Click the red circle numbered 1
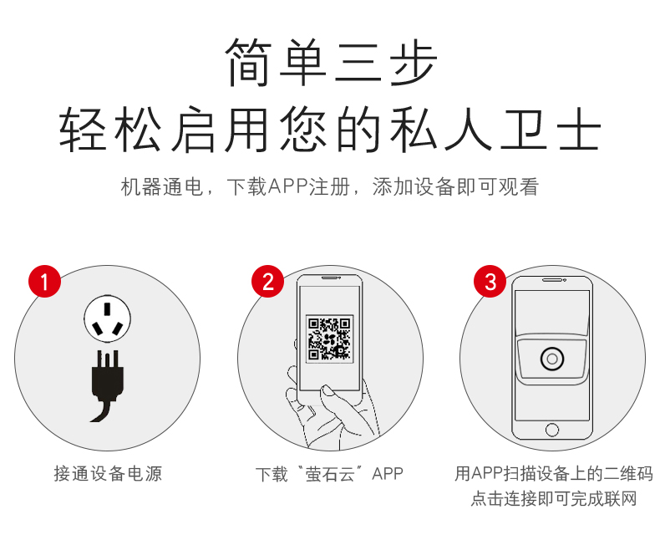point(44,281)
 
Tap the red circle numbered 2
point(267,281)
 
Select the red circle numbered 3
point(490,281)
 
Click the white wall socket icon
point(107,318)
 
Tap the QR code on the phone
point(329,339)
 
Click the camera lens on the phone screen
point(552,359)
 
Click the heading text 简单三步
point(331,63)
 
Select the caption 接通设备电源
point(108,473)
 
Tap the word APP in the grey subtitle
point(288,186)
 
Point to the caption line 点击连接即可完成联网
point(554,498)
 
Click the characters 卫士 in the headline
point(551,129)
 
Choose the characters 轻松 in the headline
point(110,129)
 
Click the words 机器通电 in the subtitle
point(162,186)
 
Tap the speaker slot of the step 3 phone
point(552,280)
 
